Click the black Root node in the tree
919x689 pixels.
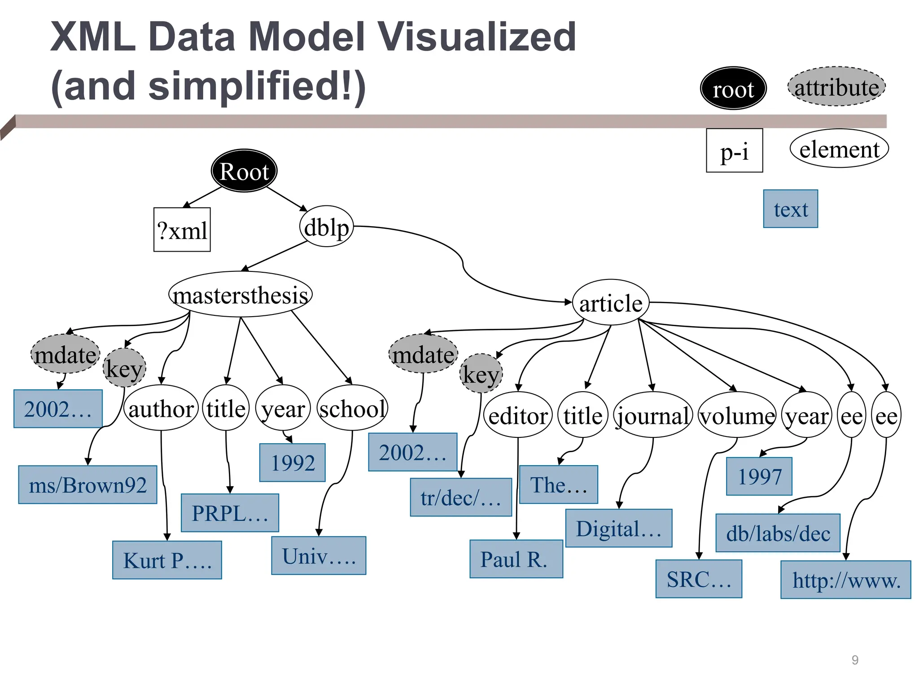pyautogui.click(x=244, y=171)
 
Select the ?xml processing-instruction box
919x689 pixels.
pyautogui.click(x=182, y=230)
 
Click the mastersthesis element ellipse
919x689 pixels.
pyautogui.click(x=241, y=295)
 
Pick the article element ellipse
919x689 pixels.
pyautogui.click(x=610, y=303)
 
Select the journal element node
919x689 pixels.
pyautogui.click(x=653, y=415)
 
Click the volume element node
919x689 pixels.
pyautogui.click(x=737, y=415)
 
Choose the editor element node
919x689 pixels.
pyautogui.click(x=518, y=415)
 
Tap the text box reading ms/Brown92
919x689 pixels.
pyautogui.click(x=88, y=485)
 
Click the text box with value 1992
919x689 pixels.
pyautogui.click(x=293, y=462)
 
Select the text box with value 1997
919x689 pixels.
pyautogui.click(x=759, y=476)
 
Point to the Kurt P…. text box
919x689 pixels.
pyautogui.click(x=167, y=560)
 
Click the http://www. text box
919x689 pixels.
pyautogui.click(x=845, y=580)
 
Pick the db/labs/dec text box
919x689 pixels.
pyautogui.click(x=778, y=533)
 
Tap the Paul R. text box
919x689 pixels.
pyautogui.click(x=516, y=559)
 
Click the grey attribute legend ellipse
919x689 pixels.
pyautogui.click(x=836, y=87)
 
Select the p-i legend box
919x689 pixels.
pyautogui.click(x=734, y=151)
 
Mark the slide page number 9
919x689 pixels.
pyautogui.click(x=855, y=660)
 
